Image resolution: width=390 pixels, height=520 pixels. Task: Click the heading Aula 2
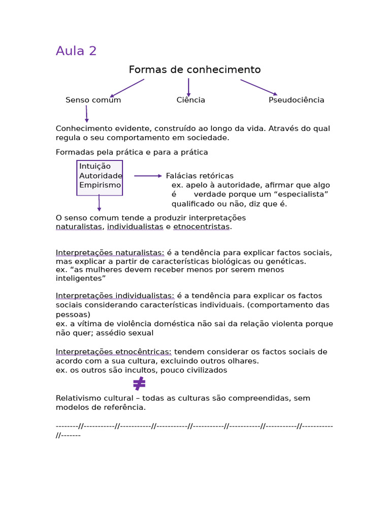coord(76,51)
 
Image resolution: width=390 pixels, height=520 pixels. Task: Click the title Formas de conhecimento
coord(194,70)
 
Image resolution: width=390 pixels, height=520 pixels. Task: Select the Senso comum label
coord(93,100)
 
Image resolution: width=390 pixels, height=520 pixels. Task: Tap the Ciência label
coord(191,100)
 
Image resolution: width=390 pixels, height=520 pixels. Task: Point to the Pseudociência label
coord(296,100)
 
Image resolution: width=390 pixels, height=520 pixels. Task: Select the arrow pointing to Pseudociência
coord(258,87)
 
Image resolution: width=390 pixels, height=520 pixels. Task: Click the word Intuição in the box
coord(95,167)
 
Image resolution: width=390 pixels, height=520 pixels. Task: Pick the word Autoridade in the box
coord(101,176)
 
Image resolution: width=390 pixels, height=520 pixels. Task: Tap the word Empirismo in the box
coord(100,185)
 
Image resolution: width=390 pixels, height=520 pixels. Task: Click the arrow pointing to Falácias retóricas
coord(148,176)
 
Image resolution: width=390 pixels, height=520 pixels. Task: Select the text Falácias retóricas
coord(200,176)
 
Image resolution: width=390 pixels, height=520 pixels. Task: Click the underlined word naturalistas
coord(79,227)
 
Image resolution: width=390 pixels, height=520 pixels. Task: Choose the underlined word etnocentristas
coord(202,227)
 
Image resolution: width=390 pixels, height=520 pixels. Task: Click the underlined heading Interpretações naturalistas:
coord(110,253)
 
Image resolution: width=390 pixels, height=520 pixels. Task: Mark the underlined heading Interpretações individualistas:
coord(115,296)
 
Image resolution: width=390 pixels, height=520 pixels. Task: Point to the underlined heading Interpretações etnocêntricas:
coord(113,352)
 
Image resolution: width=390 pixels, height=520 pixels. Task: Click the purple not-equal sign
coord(139,384)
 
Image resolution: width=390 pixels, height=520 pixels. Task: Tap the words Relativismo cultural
coord(88,398)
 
